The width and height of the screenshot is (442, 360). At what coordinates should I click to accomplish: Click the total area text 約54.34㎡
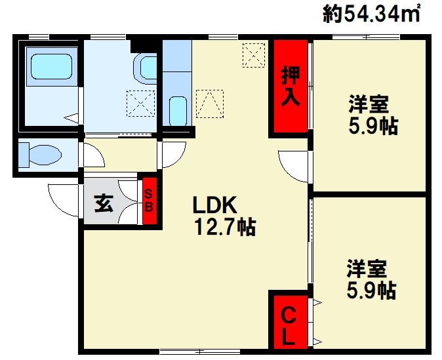click(371, 13)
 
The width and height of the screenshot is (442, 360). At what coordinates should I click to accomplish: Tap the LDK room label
click(214, 205)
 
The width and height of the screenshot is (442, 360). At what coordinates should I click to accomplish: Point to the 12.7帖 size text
click(225, 228)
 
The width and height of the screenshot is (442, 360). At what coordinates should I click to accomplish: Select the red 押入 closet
click(291, 86)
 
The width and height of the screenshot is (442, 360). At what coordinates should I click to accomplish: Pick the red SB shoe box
click(150, 201)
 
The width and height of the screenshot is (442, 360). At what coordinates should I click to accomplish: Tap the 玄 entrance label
click(104, 203)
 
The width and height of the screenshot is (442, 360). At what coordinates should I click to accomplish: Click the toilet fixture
click(40, 155)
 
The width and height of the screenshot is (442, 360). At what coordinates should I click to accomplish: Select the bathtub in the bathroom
click(51, 66)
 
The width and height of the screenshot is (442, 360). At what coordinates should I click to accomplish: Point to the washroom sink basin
click(146, 68)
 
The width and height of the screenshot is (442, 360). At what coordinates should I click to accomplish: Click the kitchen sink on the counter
click(178, 111)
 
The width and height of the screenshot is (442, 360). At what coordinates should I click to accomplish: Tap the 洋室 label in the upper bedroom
click(369, 104)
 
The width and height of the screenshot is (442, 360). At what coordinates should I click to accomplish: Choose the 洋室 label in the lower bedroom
click(367, 268)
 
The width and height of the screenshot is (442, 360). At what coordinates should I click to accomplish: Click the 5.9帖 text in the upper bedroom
click(373, 126)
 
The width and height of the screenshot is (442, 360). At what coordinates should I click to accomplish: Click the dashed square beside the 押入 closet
click(254, 55)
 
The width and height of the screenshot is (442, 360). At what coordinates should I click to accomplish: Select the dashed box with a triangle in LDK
click(210, 104)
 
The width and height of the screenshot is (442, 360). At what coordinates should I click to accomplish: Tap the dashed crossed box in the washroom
click(140, 104)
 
